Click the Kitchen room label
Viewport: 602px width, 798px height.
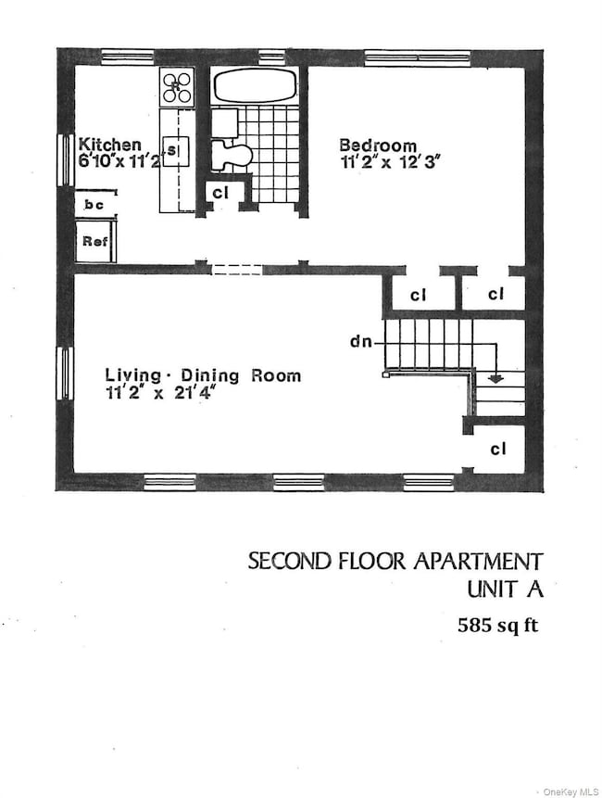point(109,145)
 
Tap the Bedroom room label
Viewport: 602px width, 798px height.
point(377,145)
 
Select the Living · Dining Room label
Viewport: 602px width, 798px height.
point(202,375)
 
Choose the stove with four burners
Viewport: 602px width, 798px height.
point(176,88)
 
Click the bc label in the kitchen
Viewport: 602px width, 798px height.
point(93,203)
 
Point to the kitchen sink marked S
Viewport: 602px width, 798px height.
point(173,148)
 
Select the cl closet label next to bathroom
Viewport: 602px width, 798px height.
point(220,193)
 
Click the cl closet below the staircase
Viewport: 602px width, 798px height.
point(497,450)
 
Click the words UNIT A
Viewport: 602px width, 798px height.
point(505,589)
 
